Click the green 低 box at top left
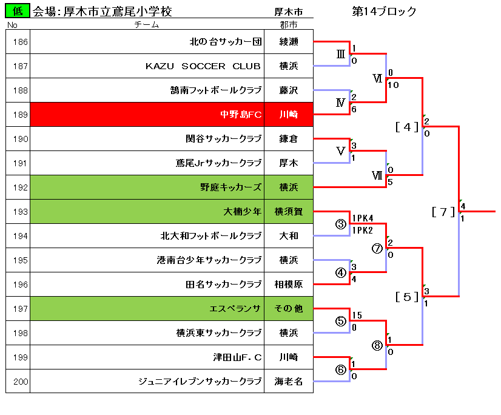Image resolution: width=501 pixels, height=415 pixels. tap(18, 10)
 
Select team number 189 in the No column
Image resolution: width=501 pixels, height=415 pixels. tap(21, 115)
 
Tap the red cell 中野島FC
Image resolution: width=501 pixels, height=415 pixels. tap(147, 115)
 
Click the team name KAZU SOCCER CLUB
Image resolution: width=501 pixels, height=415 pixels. tap(203, 66)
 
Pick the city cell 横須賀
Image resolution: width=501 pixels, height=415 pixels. tap(289, 211)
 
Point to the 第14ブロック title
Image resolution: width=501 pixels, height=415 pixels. tap(384, 12)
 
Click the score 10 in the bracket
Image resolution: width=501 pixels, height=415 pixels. tap(393, 85)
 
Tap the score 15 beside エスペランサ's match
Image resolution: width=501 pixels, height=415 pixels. tap(357, 315)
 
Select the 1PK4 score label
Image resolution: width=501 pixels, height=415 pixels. tap(363, 218)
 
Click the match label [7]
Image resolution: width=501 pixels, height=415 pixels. tap(443, 212)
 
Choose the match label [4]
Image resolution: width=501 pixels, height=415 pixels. tap(407, 127)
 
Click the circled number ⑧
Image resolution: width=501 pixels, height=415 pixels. tap(377, 345)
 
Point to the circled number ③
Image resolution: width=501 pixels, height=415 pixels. tap(341, 224)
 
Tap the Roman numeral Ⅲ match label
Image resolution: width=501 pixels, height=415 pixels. tap(341, 54)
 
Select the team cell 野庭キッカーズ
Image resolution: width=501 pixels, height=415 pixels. tap(147, 187)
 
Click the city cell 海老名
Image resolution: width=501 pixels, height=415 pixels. tap(289, 381)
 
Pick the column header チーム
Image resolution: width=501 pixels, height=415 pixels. tap(147, 25)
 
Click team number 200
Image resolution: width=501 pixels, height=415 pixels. tap(21, 382)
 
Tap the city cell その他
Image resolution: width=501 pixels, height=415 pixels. tap(289, 309)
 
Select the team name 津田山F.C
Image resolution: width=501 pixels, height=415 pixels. tap(237, 357)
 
